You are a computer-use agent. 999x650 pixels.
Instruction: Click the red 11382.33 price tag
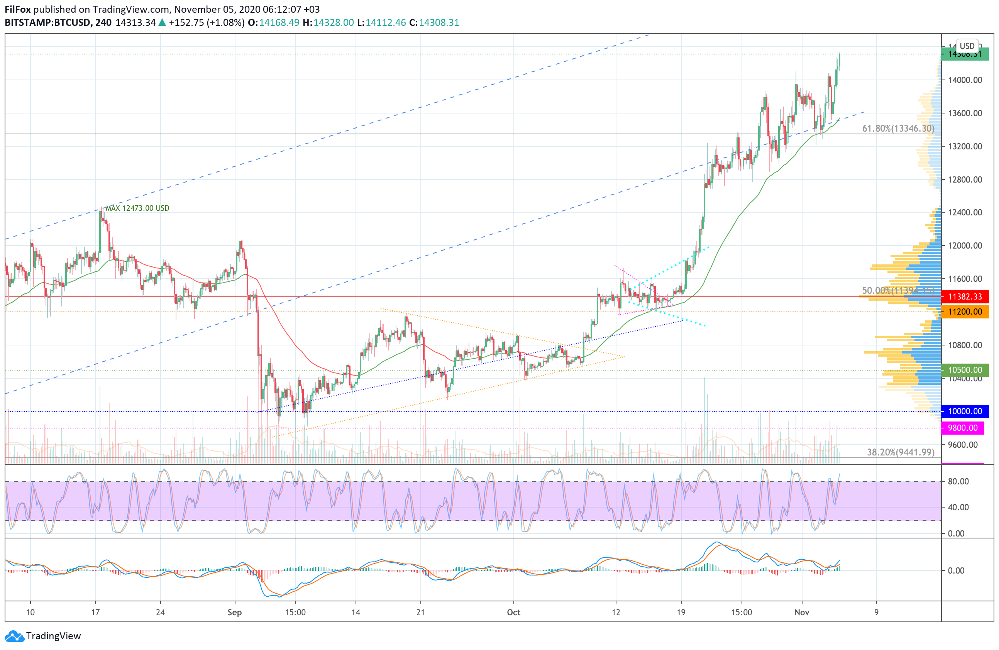965,297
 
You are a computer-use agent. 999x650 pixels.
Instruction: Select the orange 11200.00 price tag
965,312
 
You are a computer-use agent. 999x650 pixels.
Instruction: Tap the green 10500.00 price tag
965,370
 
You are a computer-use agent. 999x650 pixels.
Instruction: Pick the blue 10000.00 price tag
965,411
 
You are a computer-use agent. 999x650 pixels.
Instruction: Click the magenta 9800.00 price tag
962,428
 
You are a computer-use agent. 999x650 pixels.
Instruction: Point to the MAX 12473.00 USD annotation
137,208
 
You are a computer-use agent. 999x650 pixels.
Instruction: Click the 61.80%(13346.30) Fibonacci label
898,129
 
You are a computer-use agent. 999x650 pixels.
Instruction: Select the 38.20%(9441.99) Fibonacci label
900,452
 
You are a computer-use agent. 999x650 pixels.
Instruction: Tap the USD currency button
967,46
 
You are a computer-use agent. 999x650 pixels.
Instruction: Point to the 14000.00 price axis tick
965,80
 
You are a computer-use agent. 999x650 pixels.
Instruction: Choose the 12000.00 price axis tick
965,245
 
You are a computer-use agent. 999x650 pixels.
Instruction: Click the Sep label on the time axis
235,612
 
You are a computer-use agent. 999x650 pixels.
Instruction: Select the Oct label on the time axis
513,612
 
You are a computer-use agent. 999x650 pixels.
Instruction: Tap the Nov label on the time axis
802,612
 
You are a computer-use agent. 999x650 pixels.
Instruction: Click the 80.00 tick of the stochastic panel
958,481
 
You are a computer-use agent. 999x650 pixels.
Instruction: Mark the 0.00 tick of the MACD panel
956,571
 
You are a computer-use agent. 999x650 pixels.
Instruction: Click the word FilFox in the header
18,9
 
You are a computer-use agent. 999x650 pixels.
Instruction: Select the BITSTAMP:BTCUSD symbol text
47,23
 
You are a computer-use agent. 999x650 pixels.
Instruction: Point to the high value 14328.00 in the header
334,23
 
